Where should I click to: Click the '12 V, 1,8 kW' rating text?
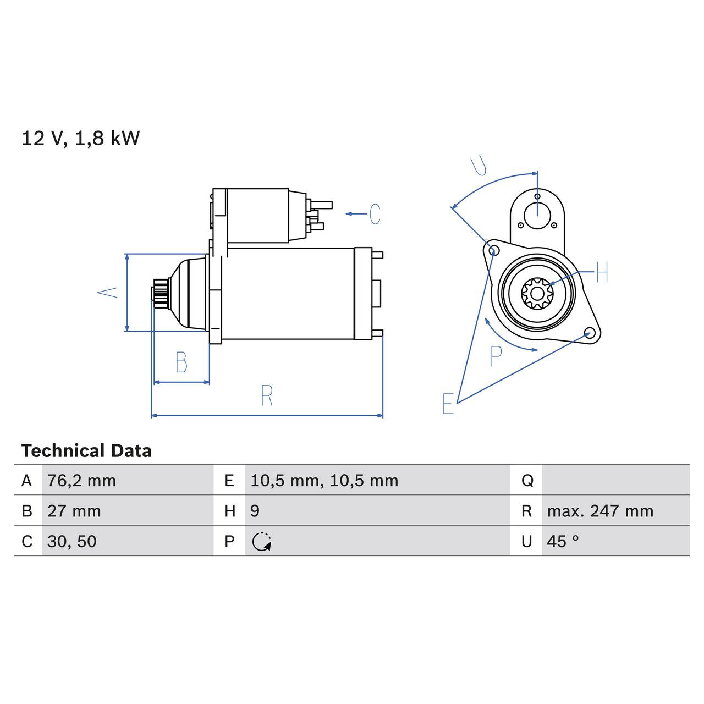point(80,138)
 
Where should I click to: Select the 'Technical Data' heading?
point(86,451)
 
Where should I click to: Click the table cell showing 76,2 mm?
point(81,481)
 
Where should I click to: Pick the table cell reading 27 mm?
point(74,511)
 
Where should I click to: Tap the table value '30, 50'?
point(71,541)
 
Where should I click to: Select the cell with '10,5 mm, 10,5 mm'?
point(324,481)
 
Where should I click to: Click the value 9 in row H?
point(255,511)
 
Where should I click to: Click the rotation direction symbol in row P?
point(262,542)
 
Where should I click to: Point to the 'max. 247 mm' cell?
point(600,511)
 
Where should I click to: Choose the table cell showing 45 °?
point(563,541)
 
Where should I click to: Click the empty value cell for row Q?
point(615,481)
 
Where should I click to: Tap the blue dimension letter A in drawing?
point(108,292)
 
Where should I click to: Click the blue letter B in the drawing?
point(181,362)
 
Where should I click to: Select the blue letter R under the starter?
point(267,396)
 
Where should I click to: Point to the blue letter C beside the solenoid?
point(375,214)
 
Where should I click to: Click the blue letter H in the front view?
point(602,272)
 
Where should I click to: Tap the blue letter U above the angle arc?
point(479,165)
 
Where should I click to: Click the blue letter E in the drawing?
point(448,404)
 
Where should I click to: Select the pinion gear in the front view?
point(536,293)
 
